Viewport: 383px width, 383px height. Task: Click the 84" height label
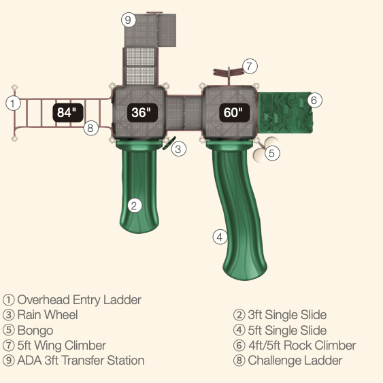tap(68, 113)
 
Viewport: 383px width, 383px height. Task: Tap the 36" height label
tap(142, 113)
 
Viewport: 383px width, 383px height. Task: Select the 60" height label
tap(235, 113)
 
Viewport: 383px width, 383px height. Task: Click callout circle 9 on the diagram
tap(129, 20)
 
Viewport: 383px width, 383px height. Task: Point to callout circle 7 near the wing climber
tap(250, 66)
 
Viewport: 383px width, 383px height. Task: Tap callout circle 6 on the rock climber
tap(314, 100)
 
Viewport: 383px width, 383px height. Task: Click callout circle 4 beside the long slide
tap(220, 237)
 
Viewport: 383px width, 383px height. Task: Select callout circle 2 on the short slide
tap(135, 205)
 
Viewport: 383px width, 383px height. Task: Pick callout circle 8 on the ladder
tap(91, 128)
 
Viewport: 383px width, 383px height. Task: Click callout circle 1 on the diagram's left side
tap(13, 103)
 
